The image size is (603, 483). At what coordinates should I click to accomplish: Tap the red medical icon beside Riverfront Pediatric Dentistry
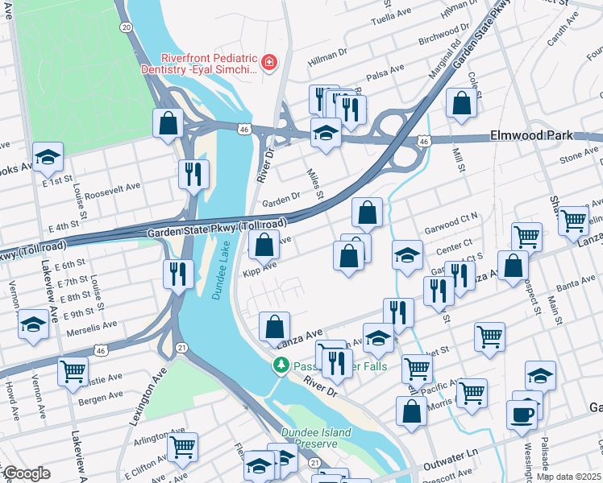(x=268, y=62)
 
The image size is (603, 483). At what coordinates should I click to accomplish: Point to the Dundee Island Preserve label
(x=316, y=438)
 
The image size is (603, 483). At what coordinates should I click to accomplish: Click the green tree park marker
(x=281, y=365)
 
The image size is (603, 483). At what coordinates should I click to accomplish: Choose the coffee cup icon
(x=522, y=415)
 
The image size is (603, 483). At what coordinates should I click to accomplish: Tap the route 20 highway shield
(x=126, y=27)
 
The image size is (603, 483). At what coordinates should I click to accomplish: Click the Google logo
(x=27, y=473)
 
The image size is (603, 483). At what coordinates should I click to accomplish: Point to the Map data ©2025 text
(x=568, y=477)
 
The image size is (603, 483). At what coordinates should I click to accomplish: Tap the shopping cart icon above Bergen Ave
(x=73, y=371)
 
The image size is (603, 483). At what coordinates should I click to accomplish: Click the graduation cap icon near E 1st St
(x=48, y=157)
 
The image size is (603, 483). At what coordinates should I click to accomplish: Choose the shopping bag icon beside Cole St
(x=461, y=104)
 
